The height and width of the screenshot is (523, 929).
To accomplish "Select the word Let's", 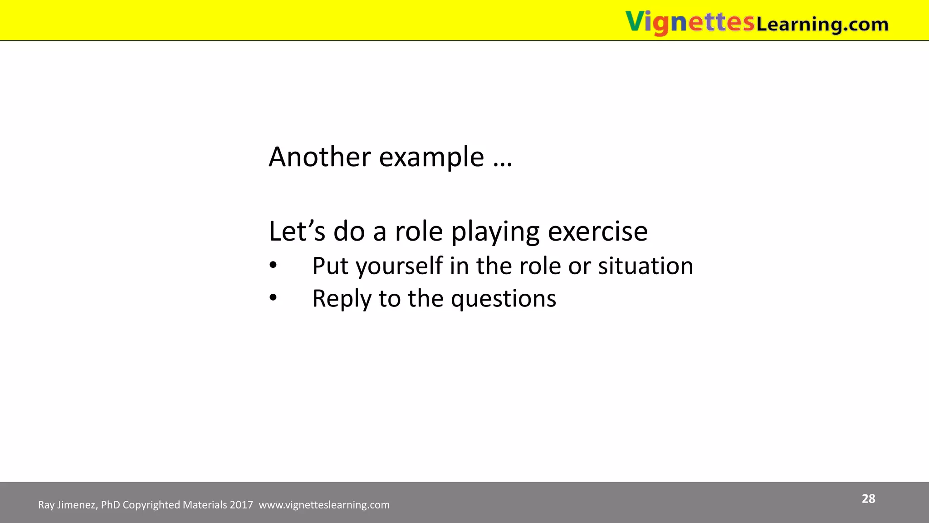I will [297, 231].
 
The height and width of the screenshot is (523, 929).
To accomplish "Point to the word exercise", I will [597, 231].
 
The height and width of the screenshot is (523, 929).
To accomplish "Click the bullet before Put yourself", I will [273, 265].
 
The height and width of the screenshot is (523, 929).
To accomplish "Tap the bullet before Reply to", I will [273, 298].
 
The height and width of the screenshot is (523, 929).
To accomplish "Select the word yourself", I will [399, 266].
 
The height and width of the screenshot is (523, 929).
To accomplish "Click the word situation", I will [645, 266].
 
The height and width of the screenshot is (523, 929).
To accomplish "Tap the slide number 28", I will [868, 498].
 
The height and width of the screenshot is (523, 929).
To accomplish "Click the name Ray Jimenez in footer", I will [67, 505].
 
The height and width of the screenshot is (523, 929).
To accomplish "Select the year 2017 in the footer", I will [241, 505].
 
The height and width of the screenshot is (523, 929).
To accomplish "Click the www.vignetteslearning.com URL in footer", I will [324, 505].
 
